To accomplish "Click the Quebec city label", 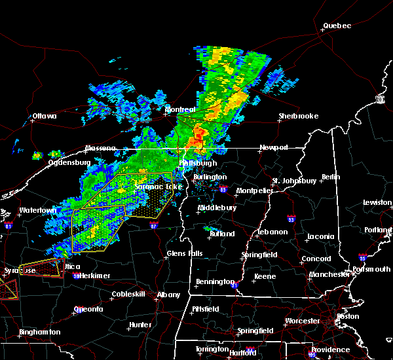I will click(337, 26).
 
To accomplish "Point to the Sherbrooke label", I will click(299, 116).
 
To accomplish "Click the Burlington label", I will click(210, 177).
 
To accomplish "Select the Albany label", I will click(168, 295).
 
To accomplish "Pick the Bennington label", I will click(214, 281).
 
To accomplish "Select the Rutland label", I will click(221, 233).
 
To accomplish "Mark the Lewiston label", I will click(377, 203).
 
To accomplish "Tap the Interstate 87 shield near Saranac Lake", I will click(153, 224).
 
